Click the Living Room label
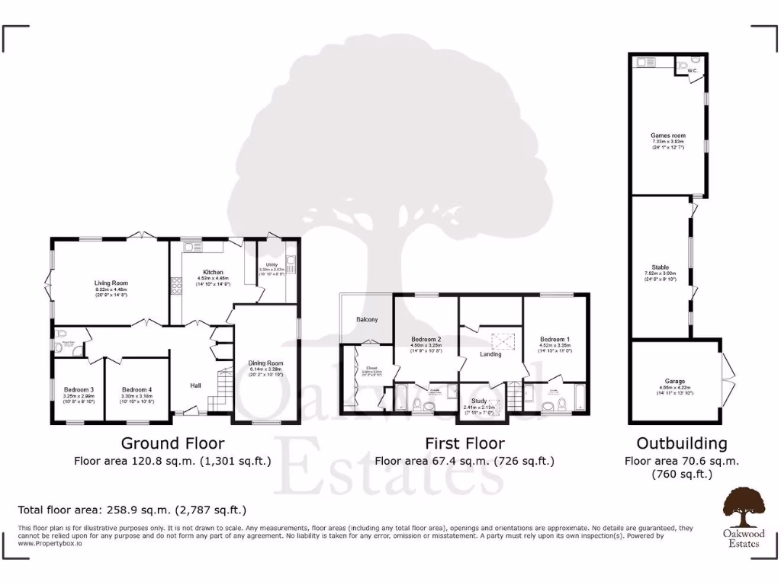pyautogui.click(x=111, y=283)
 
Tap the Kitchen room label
pyautogui.click(x=212, y=272)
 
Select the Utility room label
pyautogui.click(x=271, y=264)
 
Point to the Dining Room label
pyautogui.click(x=265, y=363)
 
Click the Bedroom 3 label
pyautogui.click(x=78, y=389)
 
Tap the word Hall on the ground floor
pyautogui.click(x=196, y=385)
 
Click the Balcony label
pyautogui.click(x=367, y=319)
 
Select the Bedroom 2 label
pyautogui.click(x=426, y=339)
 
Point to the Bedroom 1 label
pyautogui.click(x=554, y=339)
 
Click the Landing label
pyautogui.click(x=490, y=353)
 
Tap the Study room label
pyautogui.click(x=479, y=400)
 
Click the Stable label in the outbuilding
pyautogui.click(x=660, y=267)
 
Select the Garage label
pyautogui.click(x=674, y=381)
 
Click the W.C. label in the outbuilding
pyautogui.click(x=693, y=71)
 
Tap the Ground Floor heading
pyautogui.click(x=172, y=443)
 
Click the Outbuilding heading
pyautogui.click(x=681, y=443)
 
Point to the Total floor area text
pyautogui.click(x=132, y=510)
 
